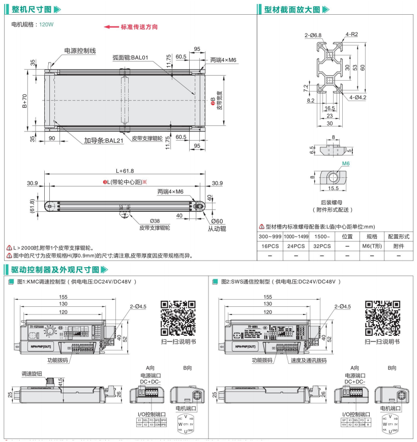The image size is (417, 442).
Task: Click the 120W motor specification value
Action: pos(46,24)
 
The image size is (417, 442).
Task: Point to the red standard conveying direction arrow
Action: pos(111,27)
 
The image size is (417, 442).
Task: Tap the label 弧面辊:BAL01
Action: pos(130,57)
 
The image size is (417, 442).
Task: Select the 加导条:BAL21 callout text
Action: pos(104,140)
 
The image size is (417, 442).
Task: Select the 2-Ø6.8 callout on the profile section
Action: pos(313,35)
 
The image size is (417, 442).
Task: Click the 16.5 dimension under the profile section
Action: pos(330,108)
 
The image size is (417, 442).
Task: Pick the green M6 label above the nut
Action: pos(345,163)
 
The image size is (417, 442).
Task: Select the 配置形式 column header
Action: pos(398,236)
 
